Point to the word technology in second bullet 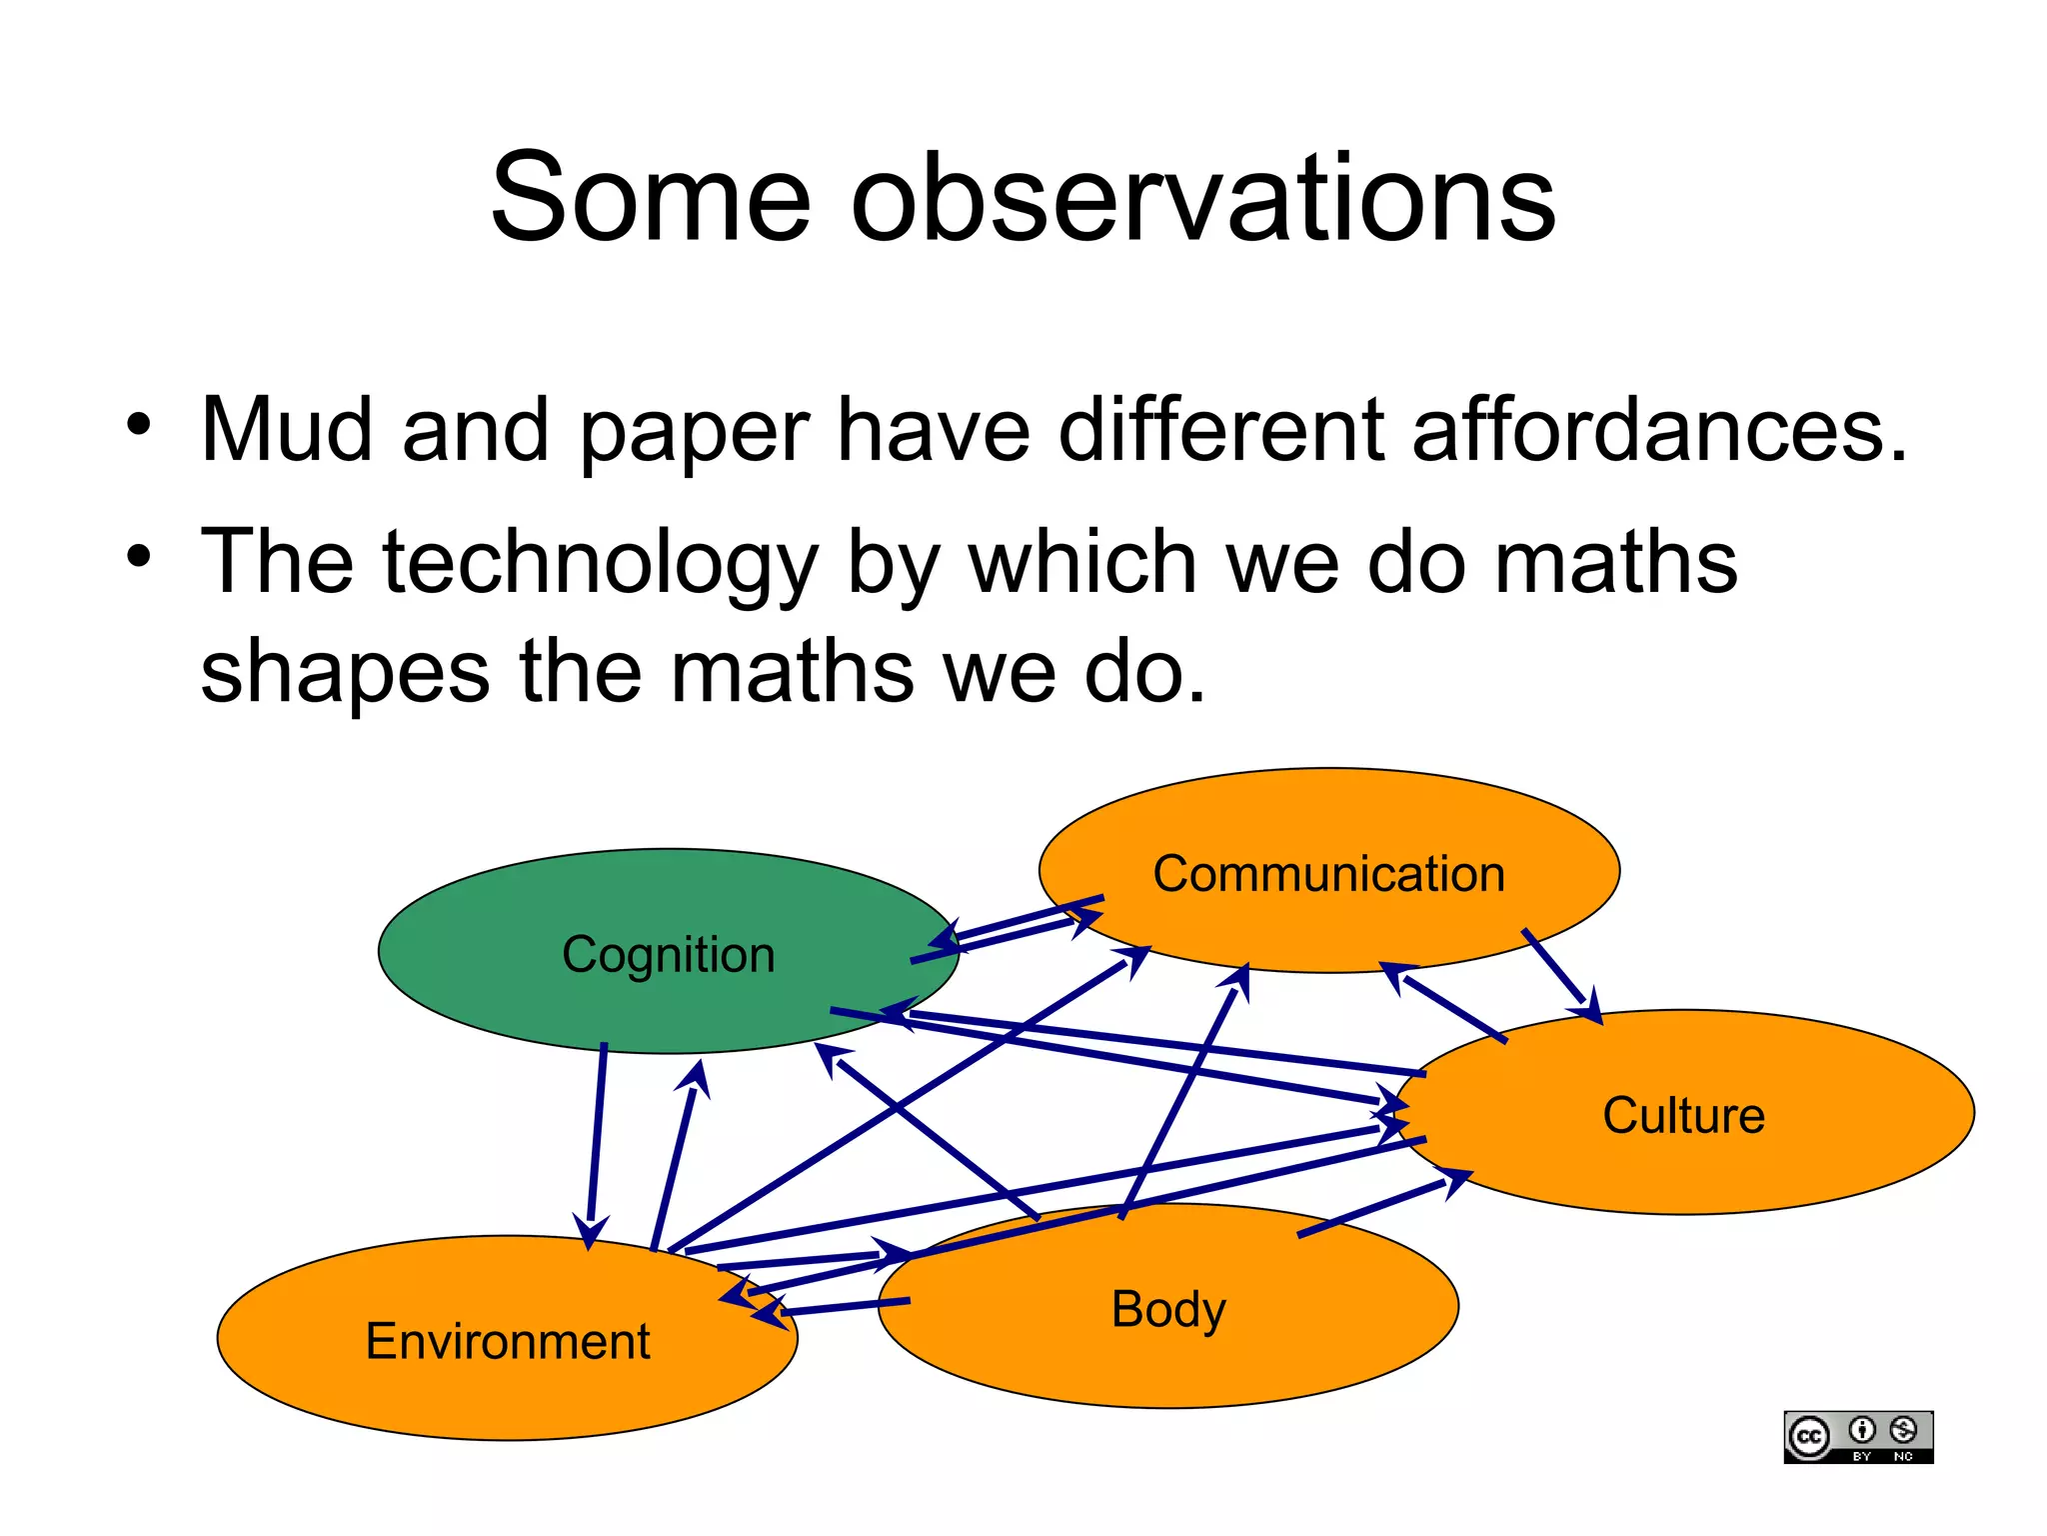[x=600, y=563]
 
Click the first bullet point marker [x=139, y=424]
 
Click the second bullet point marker [x=139, y=556]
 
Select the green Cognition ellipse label [x=668, y=954]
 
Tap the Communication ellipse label [x=1328, y=874]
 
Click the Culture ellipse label [x=1683, y=1115]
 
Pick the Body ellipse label [x=1168, y=1309]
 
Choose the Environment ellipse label [x=508, y=1341]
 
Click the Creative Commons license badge [x=1857, y=1437]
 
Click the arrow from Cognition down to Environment [x=597, y=1140]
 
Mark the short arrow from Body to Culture [x=1379, y=1208]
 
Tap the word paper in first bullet [x=694, y=432]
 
